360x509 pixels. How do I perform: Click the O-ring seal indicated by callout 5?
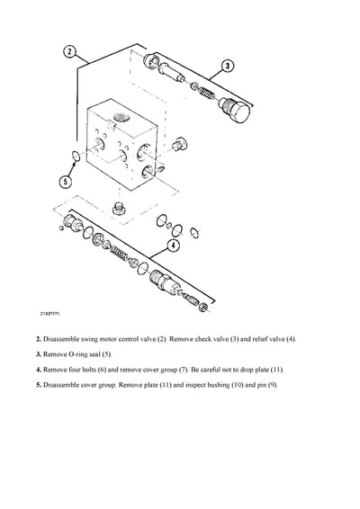pyautogui.click(x=75, y=158)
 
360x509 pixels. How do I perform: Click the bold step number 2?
pyautogui.click(x=38, y=339)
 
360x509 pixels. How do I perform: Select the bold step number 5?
pyautogui.click(x=38, y=385)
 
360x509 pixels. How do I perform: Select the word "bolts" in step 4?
pyautogui.click(x=99, y=370)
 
